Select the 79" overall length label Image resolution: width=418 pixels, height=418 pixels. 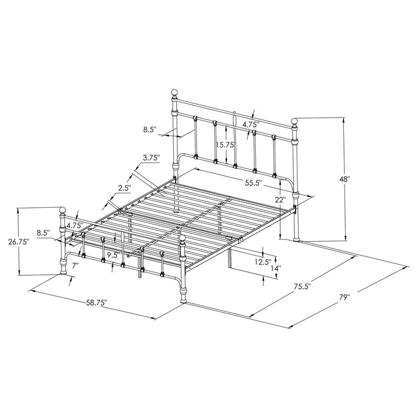pos(345,295)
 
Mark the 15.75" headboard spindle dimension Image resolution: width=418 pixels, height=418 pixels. pos(225,145)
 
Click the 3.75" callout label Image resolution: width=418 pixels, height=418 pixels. pos(152,158)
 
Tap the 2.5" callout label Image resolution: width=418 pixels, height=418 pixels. pos(124,188)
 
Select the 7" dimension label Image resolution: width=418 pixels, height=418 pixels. pos(75,264)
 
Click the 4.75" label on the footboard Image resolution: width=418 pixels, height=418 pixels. pos(74,226)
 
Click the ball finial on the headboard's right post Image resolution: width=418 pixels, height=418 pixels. pos(294,122)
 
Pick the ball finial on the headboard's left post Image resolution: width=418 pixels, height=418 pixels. pos(175,93)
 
